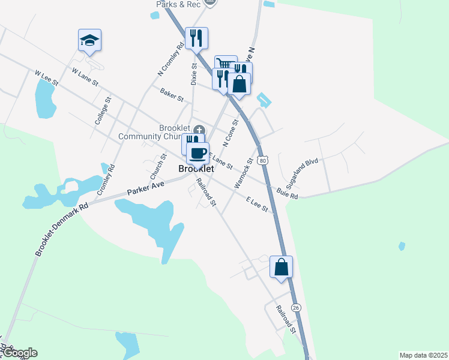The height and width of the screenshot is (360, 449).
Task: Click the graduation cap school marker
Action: point(89,41)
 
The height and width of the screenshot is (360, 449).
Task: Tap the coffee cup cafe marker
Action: point(197,153)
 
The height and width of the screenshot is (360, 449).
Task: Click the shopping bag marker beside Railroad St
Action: point(281,266)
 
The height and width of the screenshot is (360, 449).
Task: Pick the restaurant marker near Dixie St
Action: point(196,38)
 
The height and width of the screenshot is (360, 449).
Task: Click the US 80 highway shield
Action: point(262,160)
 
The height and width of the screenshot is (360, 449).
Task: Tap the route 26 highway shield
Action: point(296,307)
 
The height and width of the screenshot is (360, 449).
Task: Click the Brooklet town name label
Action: point(196,169)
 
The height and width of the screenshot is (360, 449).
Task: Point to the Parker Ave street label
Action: point(145,188)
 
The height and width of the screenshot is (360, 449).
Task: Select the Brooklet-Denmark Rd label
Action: point(61,229)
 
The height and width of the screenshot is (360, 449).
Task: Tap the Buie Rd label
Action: point(287,193)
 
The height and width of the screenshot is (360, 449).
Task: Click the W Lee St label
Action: point(46,77)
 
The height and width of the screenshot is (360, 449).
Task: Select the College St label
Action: point(103,111)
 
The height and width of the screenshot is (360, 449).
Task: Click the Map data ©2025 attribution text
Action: point(423,355)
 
